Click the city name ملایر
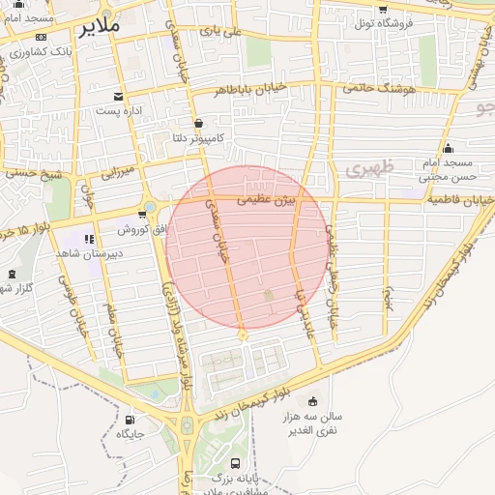click(97, 26)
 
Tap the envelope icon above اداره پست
click(118, 97)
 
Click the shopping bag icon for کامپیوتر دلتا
click(198, 124)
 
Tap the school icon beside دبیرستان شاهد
click(88, 239)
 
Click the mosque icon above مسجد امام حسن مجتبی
click(448, 148)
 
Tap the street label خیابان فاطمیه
click(462, 200)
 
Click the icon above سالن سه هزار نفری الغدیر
click(311, 401)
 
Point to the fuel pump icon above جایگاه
click(130, 420)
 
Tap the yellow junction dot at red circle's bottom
click(242, 335)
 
